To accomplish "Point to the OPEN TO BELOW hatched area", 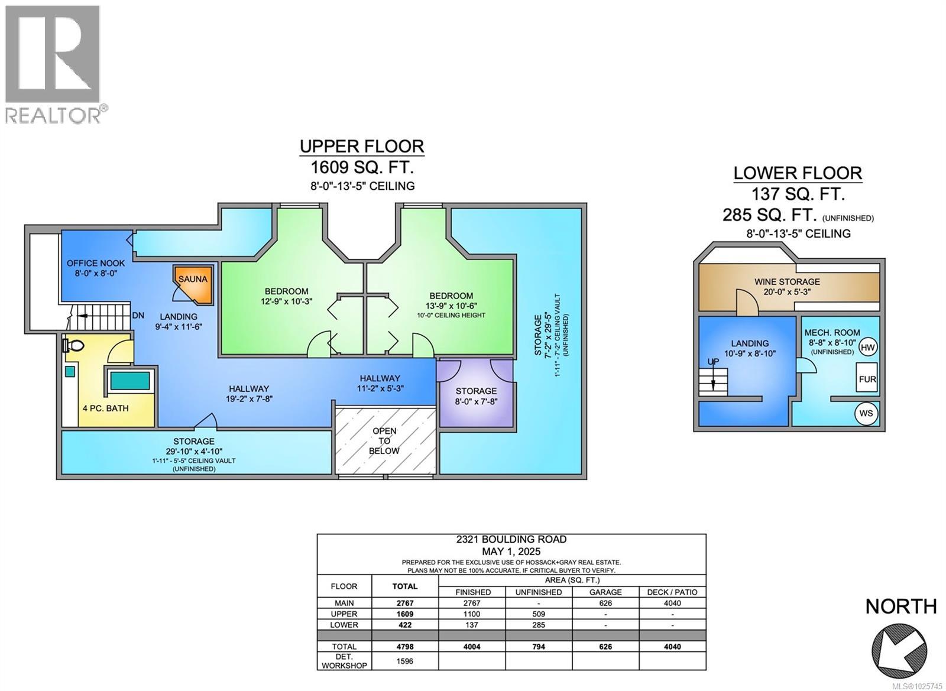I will point(385,440).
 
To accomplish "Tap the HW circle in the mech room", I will point(867,348).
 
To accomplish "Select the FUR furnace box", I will point(867,379).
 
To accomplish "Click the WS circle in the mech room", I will point(866,413).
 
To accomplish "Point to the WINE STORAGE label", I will point(787,281).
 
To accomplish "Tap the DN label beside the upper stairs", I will point(138,316).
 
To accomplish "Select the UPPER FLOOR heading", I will point(362,146).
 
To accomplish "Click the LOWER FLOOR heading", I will point(798,173).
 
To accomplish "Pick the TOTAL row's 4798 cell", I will point(405,646).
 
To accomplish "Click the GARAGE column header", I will point(605,592).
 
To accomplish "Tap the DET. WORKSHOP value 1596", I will point(405,661).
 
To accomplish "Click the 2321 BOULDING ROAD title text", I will point(511,539).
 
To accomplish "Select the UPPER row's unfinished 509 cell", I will point(539,614).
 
